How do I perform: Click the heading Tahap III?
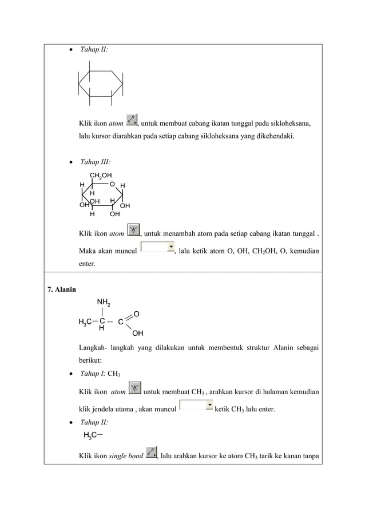click(95, 162)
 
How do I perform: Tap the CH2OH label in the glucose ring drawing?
click(101, 175)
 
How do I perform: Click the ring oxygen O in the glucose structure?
click(112, 184)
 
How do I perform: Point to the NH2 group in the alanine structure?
click(104, 302)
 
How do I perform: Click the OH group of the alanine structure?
click(137, 333)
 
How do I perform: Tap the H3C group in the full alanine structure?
click(86, 322)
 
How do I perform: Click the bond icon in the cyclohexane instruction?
click(132, 120)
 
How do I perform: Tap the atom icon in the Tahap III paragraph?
click(133, 231)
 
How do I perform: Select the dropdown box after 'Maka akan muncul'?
click(157, 247)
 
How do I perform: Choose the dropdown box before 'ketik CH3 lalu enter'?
click(196, 406)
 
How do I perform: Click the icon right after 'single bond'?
click(152, 453)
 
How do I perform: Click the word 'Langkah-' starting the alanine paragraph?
click(95, 348)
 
